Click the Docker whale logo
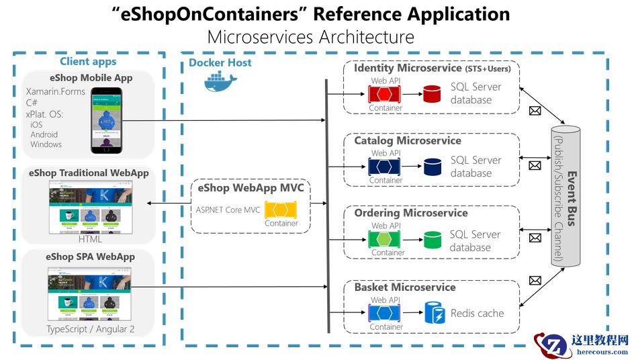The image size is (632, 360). click(218, 83)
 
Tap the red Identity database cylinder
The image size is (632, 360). click(432, 93)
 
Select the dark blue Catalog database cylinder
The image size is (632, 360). click(432, 166)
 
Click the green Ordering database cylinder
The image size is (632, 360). click(432, 240)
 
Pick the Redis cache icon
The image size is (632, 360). click(433, 313)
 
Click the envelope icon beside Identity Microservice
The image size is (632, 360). click(535, 111)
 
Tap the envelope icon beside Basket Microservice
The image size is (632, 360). click(535, 280)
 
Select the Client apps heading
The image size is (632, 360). click(88, 62)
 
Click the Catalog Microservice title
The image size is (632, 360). click(407, 140)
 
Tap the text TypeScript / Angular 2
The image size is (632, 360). click(89, 329)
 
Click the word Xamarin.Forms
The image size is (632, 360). click(55, 91)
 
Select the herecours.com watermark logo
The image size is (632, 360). click(582, 345)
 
